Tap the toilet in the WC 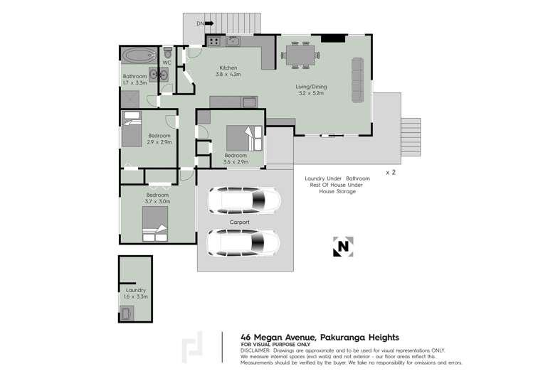(x=167, y=53)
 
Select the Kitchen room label (x=228, y=70)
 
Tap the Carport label (x=240, y=222)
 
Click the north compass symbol (x=342, y=246)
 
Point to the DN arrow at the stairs (x=206, y=24)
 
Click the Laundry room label (x=135, y=293)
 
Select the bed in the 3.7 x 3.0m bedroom (x=155, y=230)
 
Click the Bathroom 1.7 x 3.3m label (x=134, y=80)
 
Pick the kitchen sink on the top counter (x=233, y=41)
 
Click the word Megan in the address (x=273, y=338)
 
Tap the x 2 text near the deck (x=391, y=172)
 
